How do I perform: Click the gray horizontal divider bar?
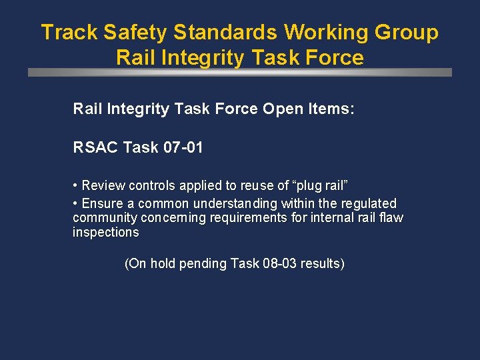pos(240,72)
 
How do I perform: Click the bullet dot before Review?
pos(76,185)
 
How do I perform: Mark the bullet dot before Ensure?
pos(76,203)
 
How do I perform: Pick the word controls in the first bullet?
pos(152,185)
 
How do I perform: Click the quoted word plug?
pos(312,185)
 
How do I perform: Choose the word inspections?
pos(106,233)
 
